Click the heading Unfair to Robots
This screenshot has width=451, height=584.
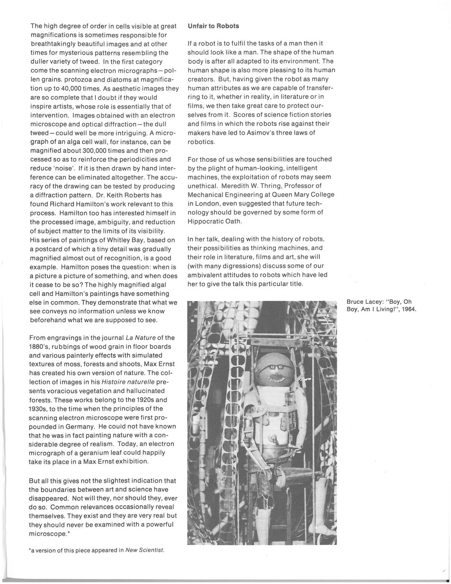(213, 26)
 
